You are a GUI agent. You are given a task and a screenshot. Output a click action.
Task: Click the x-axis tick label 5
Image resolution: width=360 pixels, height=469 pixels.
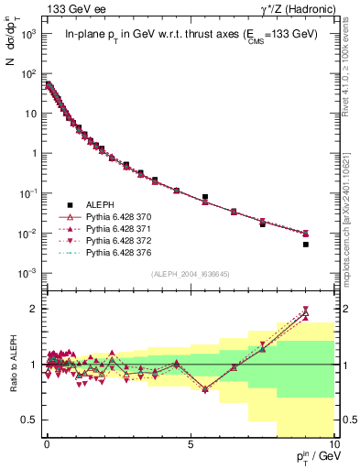(x=190, y=443)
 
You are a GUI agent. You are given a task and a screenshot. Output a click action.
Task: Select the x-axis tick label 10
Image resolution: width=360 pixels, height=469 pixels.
(x=333, y=443)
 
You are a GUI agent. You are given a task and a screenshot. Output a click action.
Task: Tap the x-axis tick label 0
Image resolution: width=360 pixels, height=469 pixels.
(x=46, y=443)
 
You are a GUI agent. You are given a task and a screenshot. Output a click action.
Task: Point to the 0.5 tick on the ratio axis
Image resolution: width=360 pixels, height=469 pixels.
(x=33, y=420)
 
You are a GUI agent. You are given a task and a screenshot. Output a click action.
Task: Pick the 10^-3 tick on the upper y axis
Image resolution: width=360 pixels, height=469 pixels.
(x=29, y=274)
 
